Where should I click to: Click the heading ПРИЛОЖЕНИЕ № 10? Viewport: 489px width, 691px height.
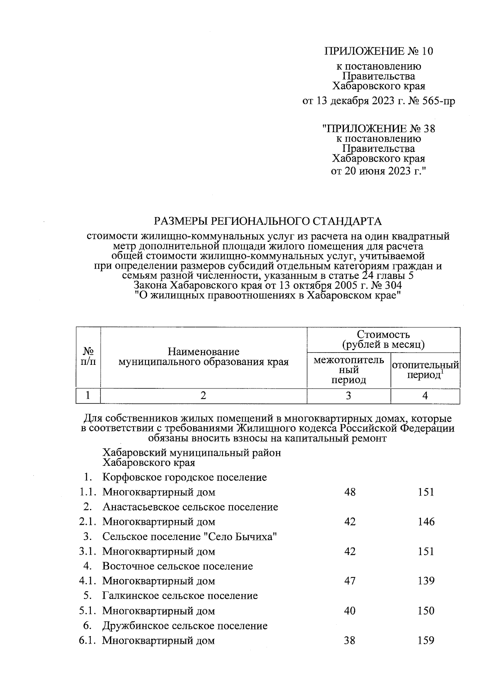pyautogui.click(x=379, y=51)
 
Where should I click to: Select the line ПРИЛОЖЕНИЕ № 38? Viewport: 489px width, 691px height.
pyautogui.click(x=379, y=129)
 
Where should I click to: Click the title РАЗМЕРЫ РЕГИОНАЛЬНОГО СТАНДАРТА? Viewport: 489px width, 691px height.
pyautogui.click(x=268, y=221)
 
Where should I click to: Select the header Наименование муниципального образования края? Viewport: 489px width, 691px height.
pyautogui.click(x=203, y=357)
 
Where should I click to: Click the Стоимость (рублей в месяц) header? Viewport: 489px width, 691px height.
pyautogui.click(x=383, y=340)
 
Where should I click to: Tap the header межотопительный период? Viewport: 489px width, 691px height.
pyautogui.click(x=348, y=370)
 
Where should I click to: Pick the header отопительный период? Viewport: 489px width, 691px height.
pyautogui.click(x=425, y=370)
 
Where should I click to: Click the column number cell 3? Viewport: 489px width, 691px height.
pyautogui.click(x=348, y=396)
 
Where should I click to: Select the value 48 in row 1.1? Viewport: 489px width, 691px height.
pyautogui.click(x=350, y=492)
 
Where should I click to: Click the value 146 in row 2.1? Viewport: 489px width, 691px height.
pyautogui.click(x=426, y=522)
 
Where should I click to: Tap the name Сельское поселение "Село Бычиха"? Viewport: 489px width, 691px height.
pyautogui.click(x=190, y=536)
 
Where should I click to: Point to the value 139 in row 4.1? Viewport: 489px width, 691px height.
pyautogui.click(x=426, y=581)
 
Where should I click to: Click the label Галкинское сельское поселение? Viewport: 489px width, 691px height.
pyautogui.click(x=180, y=596)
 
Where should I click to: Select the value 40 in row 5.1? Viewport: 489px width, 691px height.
pyautogui.click(x=350, y=611)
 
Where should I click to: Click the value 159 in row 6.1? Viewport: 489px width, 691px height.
pyautogui.click(x=426, y=641)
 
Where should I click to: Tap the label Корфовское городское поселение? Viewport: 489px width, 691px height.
pyautogui.click(x=185, y=477)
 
